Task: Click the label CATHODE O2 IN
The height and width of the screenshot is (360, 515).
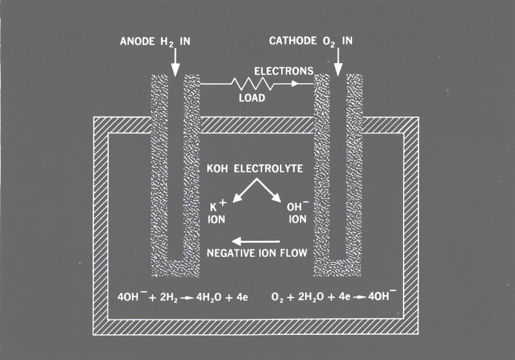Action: (x=311, y=43)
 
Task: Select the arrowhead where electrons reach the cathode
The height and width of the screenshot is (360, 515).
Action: (x=308, y=84)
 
